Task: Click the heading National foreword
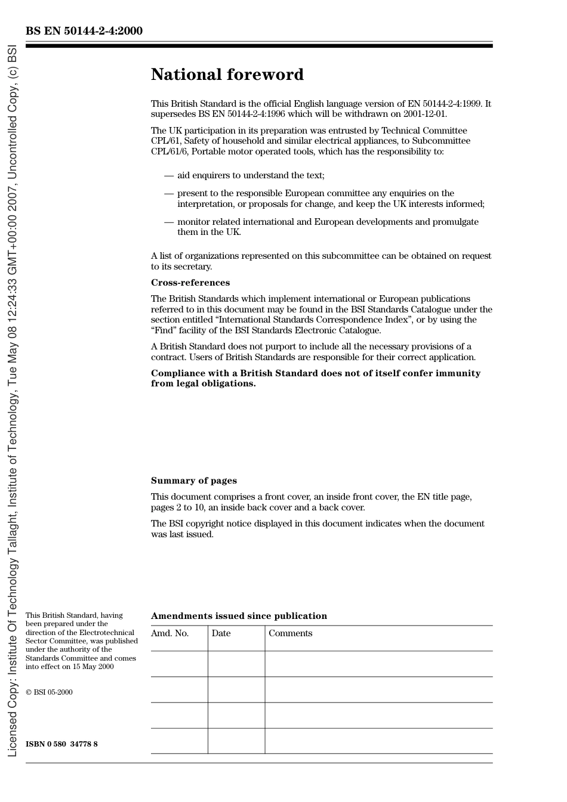coord(227,75)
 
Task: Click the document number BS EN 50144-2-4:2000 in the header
coord(84,30)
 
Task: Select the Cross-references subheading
coord(190,283)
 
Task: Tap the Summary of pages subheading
coord(193,481)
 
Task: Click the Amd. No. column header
coord(170,633)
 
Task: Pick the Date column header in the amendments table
coord(221,633)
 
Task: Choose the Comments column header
coord(290,633)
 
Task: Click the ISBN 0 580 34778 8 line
coord(61,744)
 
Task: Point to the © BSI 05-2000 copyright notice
coord(49,692)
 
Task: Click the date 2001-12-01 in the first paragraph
coord(424,114)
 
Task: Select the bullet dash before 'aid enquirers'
coord(169,175)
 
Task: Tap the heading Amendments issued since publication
coord(239,616)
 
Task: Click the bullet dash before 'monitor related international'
coord(169,222)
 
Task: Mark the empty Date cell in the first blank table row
coord(236,664)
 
